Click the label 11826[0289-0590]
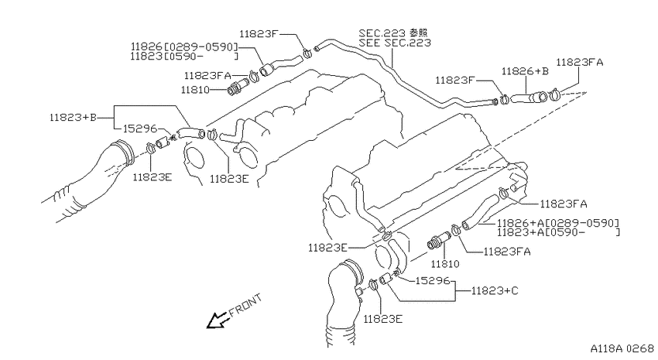184,46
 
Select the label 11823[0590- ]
184,57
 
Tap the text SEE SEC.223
395,43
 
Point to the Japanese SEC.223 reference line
393,33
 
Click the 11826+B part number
525,71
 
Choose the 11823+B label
73,117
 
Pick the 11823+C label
495,290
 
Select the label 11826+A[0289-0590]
558,223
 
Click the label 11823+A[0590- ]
558,232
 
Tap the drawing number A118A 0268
622,348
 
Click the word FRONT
245,305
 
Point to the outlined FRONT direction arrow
217,321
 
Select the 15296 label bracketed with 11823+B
140,129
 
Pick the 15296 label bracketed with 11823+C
433,280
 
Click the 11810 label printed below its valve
445,264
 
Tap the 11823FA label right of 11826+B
580,63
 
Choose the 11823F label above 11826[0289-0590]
259,34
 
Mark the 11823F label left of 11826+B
454,81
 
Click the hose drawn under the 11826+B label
529,98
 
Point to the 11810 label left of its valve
195,90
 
